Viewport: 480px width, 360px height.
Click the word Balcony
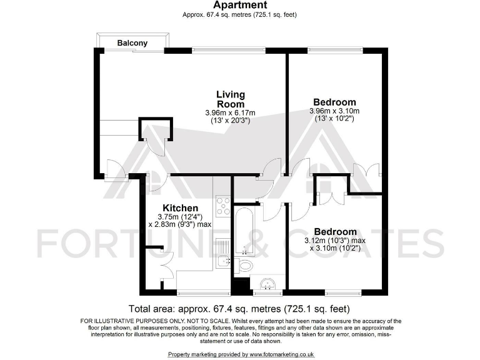tap(132, 43)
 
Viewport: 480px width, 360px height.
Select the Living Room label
tap(230, 99)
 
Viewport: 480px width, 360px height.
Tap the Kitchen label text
tap(181, 208)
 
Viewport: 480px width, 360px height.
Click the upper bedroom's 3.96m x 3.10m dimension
tap(334, 111)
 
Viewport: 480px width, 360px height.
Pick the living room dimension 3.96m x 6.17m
tap(230, 112)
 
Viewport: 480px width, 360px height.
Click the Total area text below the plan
tap(239, 309)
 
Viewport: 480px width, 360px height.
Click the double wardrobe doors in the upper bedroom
tap(366, 171)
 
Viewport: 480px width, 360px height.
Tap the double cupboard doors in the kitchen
tap(166, 262)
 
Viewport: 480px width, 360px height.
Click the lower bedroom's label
tap(335, 231)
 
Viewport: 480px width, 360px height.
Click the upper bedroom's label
tap(334, 102)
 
